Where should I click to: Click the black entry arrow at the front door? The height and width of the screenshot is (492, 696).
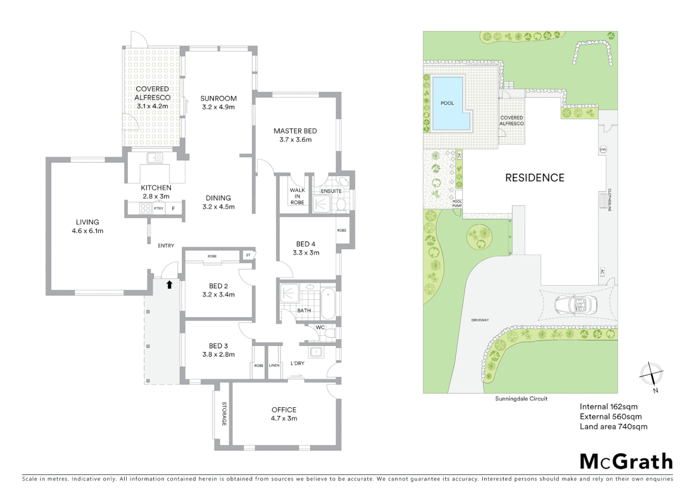(x=169, y=285)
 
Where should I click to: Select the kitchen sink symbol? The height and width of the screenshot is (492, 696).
(x=154, y=158)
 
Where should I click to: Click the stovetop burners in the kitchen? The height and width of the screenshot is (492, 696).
(x=145, y=208)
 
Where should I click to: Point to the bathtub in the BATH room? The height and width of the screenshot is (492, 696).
(x=328, y=303)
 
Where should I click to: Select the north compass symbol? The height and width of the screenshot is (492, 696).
(x=651, y=375)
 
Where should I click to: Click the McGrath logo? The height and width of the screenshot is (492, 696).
(x=626, y=461)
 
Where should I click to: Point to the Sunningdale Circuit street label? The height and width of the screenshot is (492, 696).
(x=521, y=399)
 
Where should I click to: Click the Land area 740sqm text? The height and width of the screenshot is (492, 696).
(x=613, y=427)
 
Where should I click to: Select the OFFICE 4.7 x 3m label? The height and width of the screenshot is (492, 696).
(x=284, y=414)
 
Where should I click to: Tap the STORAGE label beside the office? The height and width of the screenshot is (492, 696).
(x=224, y=414)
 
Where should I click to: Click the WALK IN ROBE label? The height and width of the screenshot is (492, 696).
(x=297, y=196)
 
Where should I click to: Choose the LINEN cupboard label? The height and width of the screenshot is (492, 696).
(x=274, y=365)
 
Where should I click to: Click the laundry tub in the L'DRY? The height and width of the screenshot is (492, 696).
(x=315, y=352)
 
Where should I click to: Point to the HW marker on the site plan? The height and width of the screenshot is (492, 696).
(x=603, y=149)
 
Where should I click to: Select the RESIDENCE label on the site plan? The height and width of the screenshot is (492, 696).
(x=535, y=178)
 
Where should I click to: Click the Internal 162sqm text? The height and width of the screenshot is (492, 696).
(x=609, y=407)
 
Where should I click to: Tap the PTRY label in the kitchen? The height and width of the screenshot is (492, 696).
(x=159, y=209)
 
